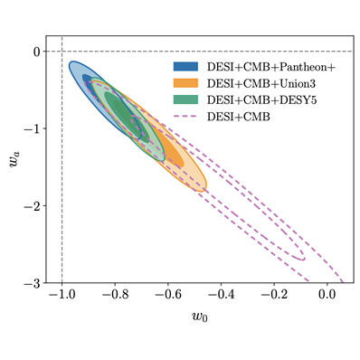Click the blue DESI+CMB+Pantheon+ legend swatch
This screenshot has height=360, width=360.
(x=187, y=66)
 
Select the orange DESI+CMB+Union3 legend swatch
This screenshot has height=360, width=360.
(x=187, y=82)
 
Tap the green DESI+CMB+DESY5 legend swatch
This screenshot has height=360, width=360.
(x=187, y=99)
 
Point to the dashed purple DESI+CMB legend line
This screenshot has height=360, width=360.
(x=187, y=115)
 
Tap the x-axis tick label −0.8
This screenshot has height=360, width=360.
(x=111, y=296)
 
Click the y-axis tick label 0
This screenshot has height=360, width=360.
(x=37, y=52)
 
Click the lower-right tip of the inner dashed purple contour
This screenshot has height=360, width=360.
(x=304, y=259)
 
